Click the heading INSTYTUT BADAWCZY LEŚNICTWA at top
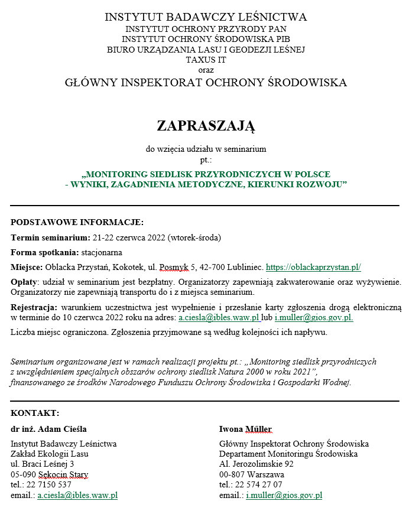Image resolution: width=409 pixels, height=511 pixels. tap(205, 17)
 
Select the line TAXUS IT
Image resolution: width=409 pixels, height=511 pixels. tap(205, 60)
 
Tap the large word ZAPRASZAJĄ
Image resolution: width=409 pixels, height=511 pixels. tap(205, 125)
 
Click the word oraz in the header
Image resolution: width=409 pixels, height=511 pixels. tap(205, 70)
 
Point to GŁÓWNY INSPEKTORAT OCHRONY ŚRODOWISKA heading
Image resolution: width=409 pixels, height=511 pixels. tap(205, 83)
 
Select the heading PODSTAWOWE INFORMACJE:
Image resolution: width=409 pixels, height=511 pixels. tap(77, 223)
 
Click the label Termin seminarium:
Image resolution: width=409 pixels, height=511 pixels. tap(50, 238)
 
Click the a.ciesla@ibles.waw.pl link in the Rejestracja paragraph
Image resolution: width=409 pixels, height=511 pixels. tap(219, 318)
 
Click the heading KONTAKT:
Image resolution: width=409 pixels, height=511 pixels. tap(35, 413)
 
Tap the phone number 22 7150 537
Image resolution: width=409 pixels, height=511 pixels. tap(49, 484)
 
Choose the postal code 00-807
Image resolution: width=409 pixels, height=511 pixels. tap(233, 474)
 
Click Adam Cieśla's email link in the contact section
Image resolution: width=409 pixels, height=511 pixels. tap(77, 495)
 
